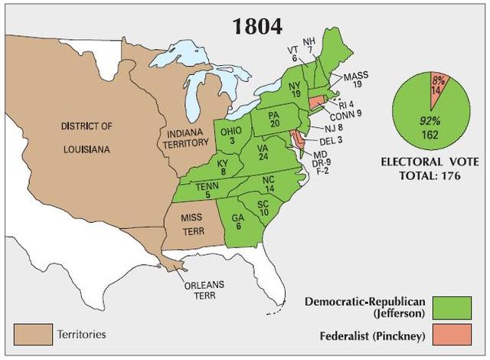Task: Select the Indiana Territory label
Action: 185,138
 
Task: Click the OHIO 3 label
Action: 230,136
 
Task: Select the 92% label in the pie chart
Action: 428,120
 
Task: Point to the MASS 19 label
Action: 356,82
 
